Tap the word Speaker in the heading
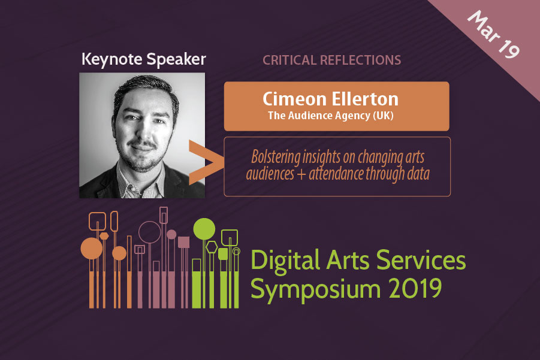click(177, 59)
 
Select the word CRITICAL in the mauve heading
click(289, 60)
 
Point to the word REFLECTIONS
click(361, 60)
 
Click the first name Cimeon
click(294, 99)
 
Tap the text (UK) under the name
click(384, 116)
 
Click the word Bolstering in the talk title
click(276, 158)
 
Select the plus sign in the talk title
click(301, 174)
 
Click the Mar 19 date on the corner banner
click(493, 34)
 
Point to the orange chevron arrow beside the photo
click(205, 162)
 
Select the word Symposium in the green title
click(315, 289)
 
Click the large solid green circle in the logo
click(204, 229)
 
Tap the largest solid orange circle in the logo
click(92, 248)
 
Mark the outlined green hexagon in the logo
click(212, 247)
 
